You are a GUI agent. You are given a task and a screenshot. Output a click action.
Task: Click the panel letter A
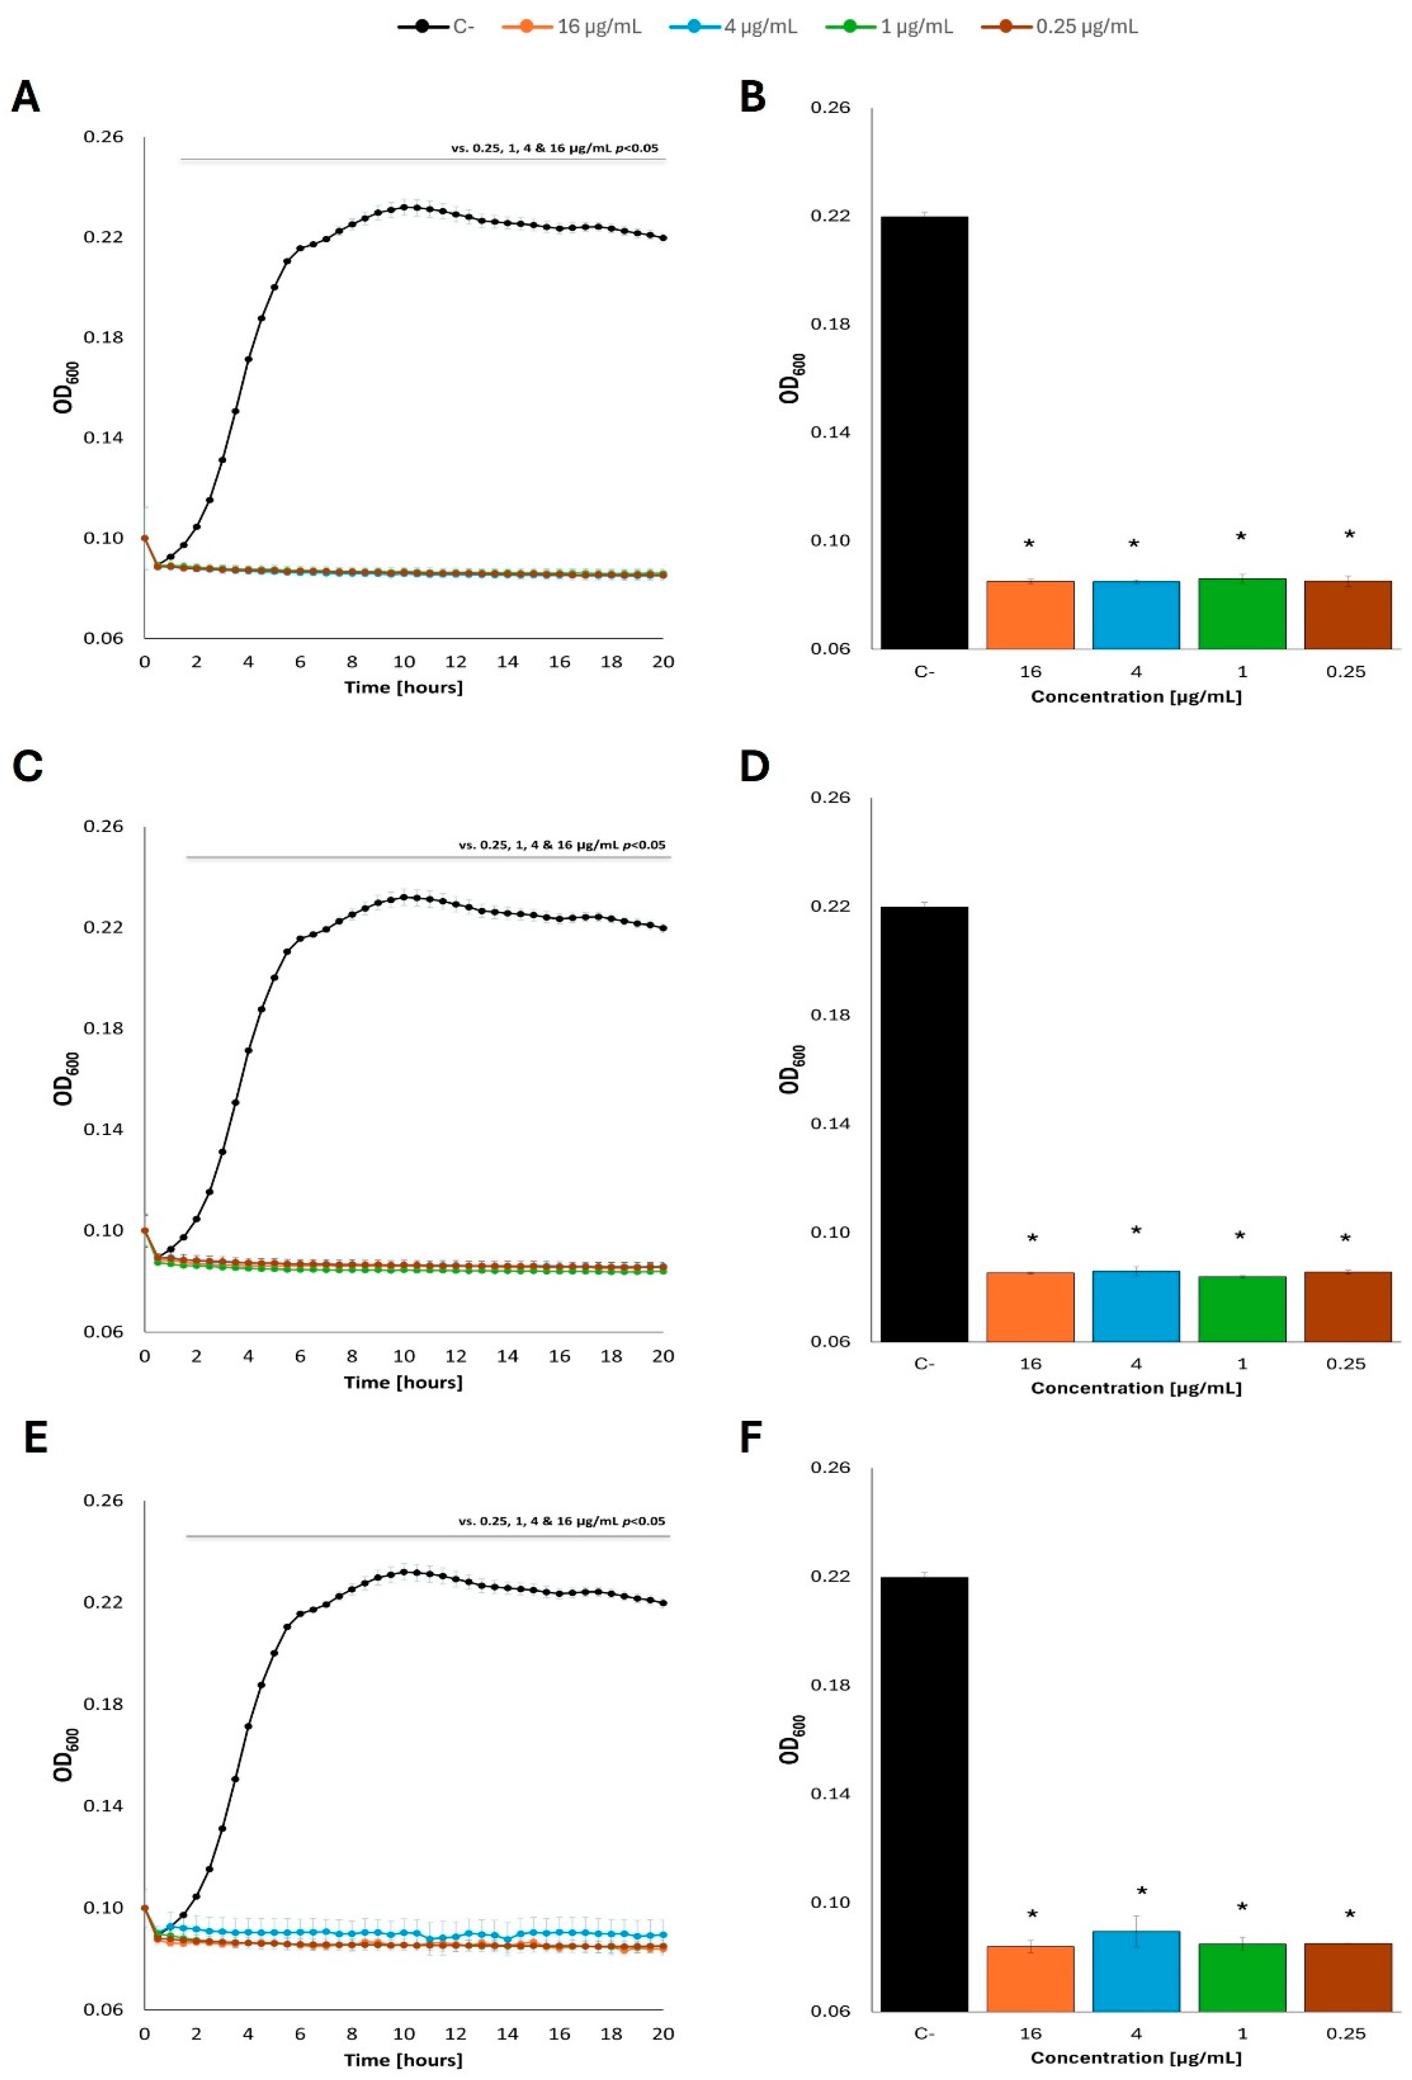26,96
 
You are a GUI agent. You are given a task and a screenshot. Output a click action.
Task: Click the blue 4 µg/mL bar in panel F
1136,1970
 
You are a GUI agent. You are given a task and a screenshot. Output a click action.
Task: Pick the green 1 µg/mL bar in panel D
1241,1309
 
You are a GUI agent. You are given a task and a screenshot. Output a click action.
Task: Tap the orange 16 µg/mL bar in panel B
1030,615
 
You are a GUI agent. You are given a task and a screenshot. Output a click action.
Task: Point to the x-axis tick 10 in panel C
404,1356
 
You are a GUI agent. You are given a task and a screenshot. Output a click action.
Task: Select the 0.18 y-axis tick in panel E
103,1703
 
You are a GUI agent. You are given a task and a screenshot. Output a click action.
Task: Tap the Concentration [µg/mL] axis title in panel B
1136,696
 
